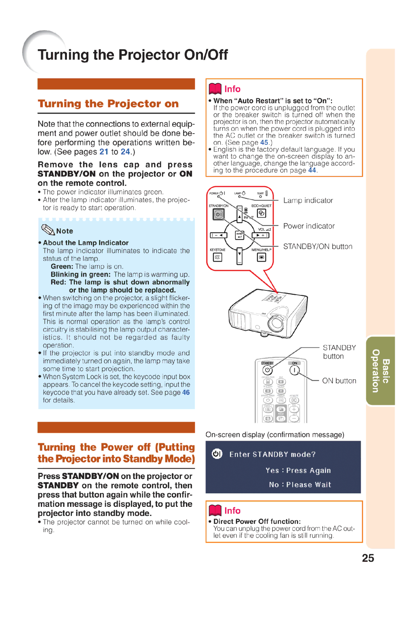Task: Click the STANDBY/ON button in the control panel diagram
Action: point(218,214)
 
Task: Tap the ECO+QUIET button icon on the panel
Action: point(262,213)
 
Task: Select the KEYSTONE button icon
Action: point(218,257)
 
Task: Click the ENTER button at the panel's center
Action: point(239,236)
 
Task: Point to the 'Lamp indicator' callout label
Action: point(308,201)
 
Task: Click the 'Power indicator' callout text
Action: point(309,226)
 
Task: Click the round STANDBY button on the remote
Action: point(268,371)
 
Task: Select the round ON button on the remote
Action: point(294,370)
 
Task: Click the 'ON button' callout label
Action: point(339,381)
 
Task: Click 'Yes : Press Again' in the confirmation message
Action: point(298,470)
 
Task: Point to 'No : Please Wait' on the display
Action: point(300,485)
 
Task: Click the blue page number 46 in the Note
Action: point(186,392)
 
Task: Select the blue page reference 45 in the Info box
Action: point(264,143)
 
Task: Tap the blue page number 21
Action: point(104,152)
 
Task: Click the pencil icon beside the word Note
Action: point(48,230)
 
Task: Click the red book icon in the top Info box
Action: point(215,89)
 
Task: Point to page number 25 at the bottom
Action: point(368,558)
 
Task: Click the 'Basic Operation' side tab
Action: point(380,371)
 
